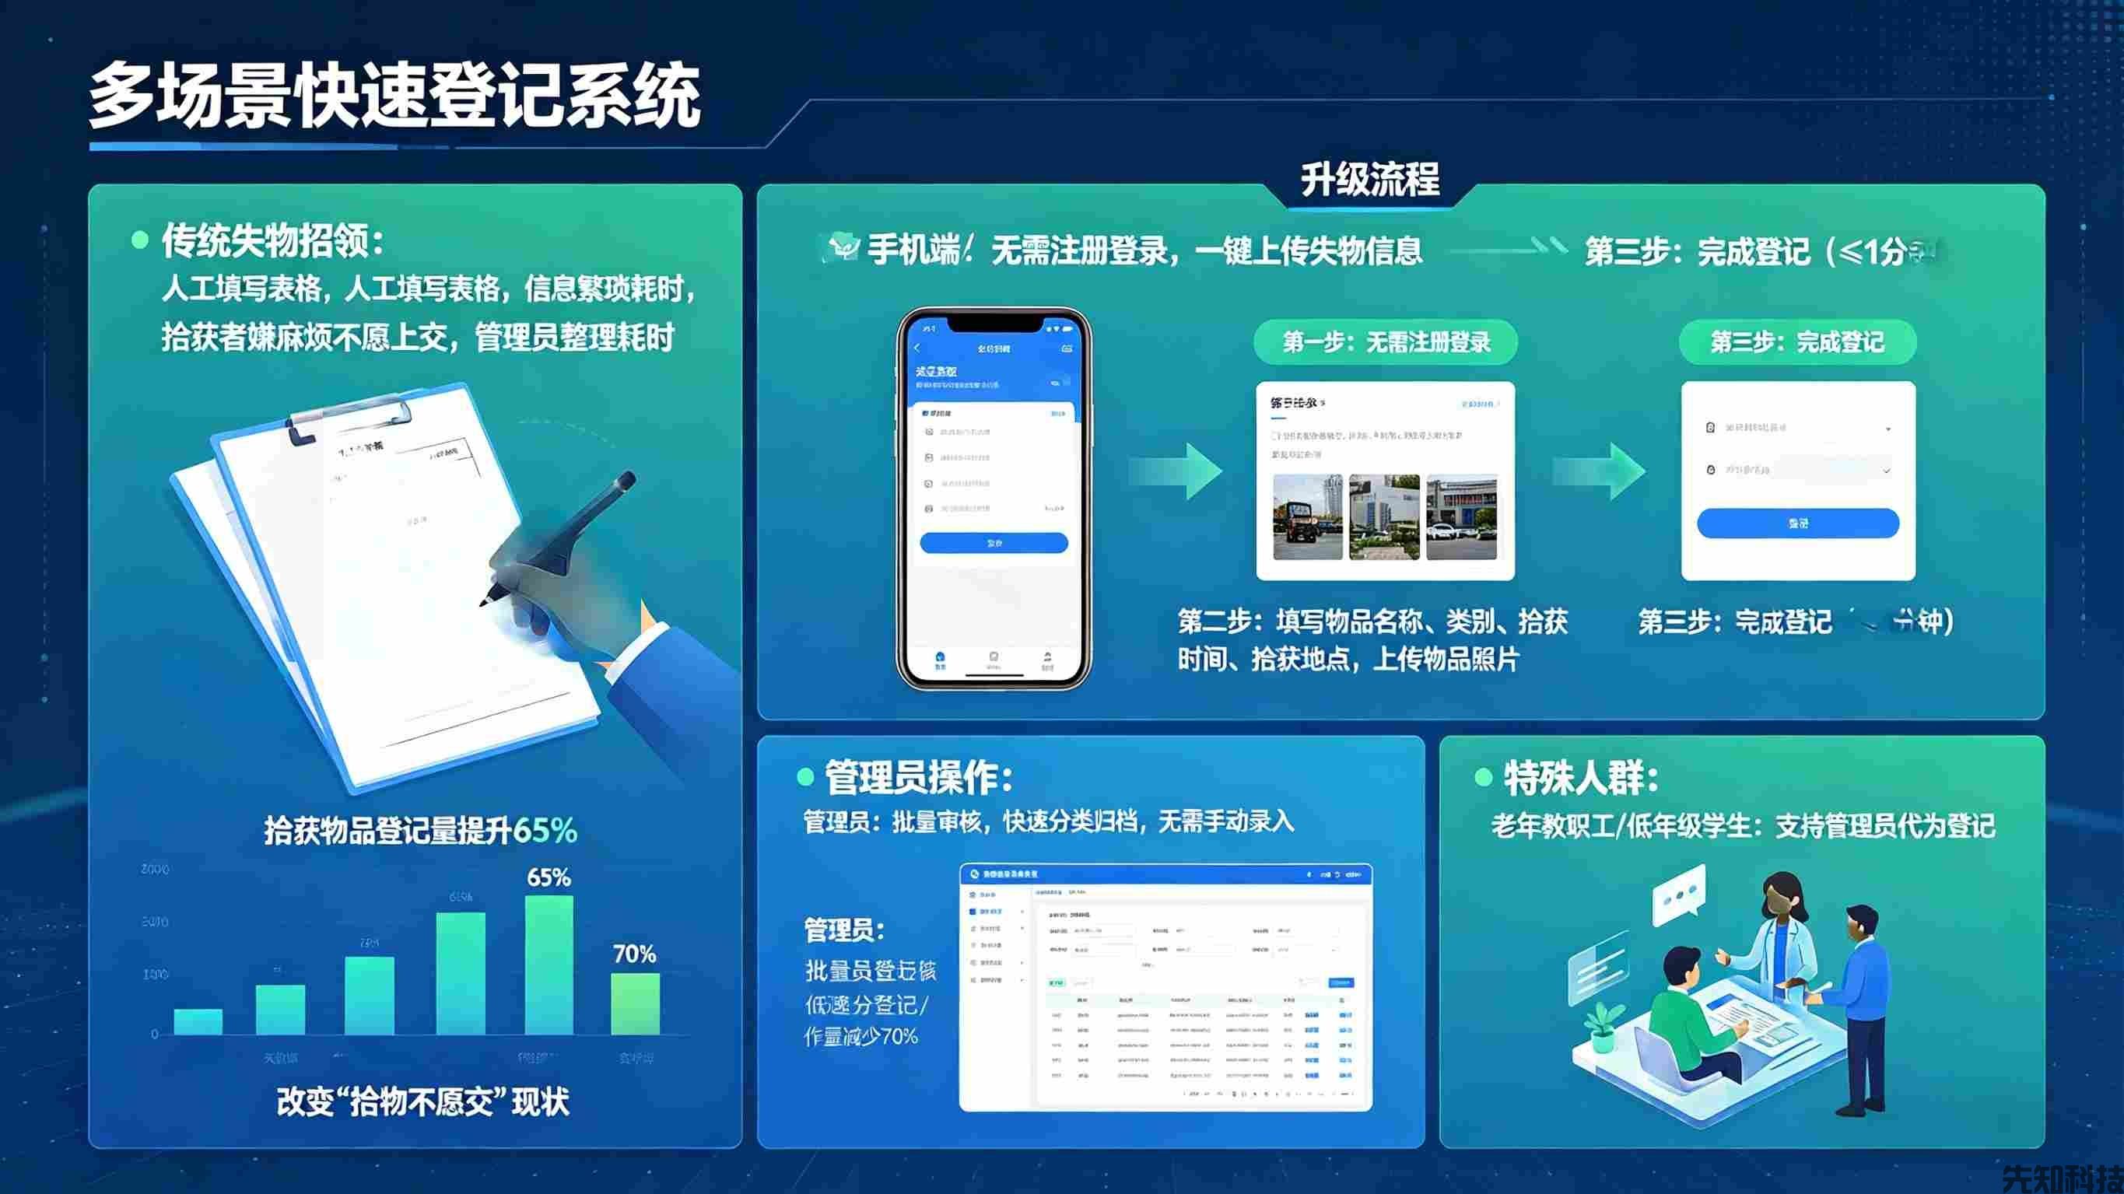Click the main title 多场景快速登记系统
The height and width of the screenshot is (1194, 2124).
click(394, 97)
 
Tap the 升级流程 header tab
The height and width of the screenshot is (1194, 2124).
click(1369, 180)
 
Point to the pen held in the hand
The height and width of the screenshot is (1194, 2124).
click(569, 527)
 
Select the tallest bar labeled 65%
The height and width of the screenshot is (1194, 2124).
click(549, 965)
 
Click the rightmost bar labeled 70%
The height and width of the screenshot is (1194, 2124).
click(635, 1003)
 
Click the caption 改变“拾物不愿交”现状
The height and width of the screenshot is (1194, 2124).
click(422, 1101)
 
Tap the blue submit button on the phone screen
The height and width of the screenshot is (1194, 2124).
click(994, 543)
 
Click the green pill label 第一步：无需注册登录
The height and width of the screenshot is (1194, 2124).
click(1385, 342)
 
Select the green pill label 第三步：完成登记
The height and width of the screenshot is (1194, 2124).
click(1797, 342)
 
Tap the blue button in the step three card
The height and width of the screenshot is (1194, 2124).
click(1797, 523)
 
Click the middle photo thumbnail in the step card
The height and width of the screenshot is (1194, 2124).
click(1383, 517)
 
